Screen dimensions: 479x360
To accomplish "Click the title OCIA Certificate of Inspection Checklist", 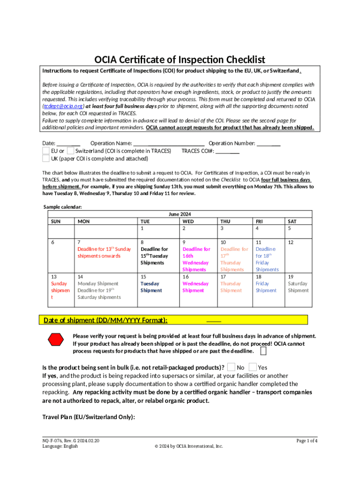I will point(180,60).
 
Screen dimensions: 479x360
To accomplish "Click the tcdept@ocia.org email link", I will point(63,106).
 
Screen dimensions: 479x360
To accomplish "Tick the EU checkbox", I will point(45,151).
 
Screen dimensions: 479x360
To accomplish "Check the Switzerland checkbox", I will point(71,151).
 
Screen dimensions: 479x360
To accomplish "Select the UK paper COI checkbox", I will point(45,159).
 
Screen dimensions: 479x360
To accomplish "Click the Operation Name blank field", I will point(169,144).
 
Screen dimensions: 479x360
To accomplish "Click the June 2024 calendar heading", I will point(180,214).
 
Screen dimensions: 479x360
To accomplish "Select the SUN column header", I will point(55,221).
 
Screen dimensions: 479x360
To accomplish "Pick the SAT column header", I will point(292,221).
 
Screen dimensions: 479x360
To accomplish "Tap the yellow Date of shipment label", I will point(106,320).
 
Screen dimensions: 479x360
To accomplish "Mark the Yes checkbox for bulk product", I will point(252,368).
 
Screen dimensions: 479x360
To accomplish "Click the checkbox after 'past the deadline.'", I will point(264,351).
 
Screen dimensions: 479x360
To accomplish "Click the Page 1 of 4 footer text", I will point(307,441).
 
